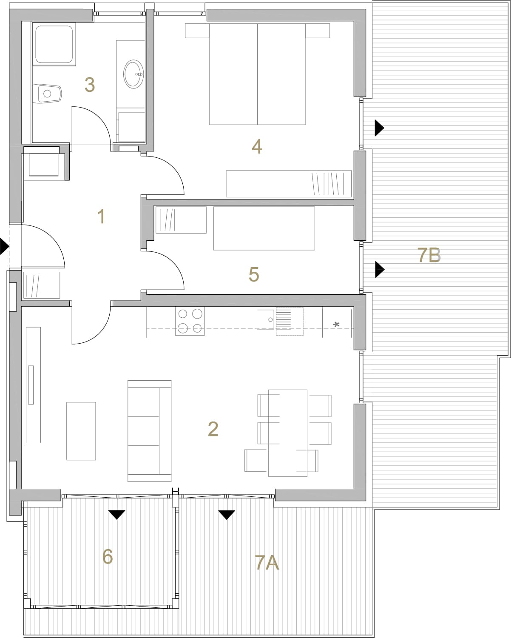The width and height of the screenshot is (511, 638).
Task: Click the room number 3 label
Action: tap(90, 85)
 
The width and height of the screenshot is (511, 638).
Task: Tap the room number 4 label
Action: tap(257, 146)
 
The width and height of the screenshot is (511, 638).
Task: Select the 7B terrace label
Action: tap(429, 255)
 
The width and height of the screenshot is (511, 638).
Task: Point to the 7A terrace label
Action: tap(267, 563)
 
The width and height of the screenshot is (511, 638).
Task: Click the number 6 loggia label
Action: tap(107, 556)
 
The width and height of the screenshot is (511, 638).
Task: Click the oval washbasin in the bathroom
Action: tap(133, 74)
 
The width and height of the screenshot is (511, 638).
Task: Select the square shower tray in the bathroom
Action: tap(54, 44)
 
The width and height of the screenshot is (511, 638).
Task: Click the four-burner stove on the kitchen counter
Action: tap(190, 321)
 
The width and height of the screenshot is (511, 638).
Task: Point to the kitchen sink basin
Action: tap(265, 319)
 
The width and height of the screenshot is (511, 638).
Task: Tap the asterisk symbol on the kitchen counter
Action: tap(336, 325)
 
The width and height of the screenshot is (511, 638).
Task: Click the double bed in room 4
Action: tap(257, 74)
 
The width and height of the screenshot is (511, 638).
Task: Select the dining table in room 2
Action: tap(287, 433)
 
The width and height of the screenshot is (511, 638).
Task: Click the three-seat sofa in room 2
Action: tap(149, 431)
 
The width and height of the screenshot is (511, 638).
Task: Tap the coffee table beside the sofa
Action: tap(81, 431)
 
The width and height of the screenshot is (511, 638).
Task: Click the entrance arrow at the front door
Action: tap(4, 246)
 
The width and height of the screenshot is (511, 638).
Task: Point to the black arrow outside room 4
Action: tap(379, 128)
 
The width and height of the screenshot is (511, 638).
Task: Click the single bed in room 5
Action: tap(264, 228)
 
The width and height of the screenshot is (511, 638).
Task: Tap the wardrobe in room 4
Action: tap(289, 184)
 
